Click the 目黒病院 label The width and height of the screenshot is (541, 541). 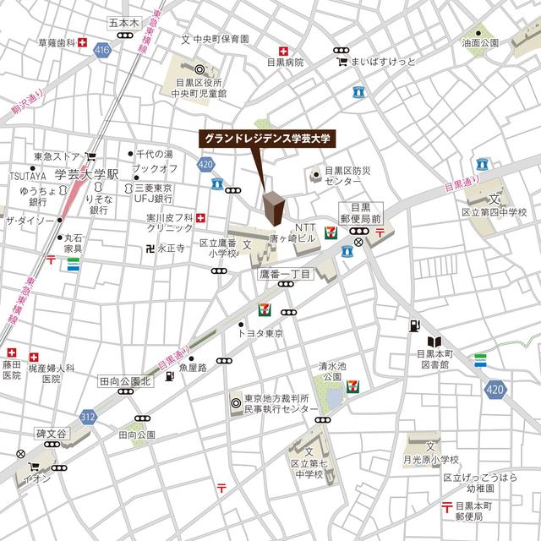285,63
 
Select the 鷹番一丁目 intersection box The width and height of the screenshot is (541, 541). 285,274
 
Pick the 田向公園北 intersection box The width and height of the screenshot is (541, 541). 124,381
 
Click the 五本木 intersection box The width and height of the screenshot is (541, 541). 123,26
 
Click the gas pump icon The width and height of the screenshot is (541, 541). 413,324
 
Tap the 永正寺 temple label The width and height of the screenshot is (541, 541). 172,250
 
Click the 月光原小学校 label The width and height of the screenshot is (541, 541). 430,459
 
